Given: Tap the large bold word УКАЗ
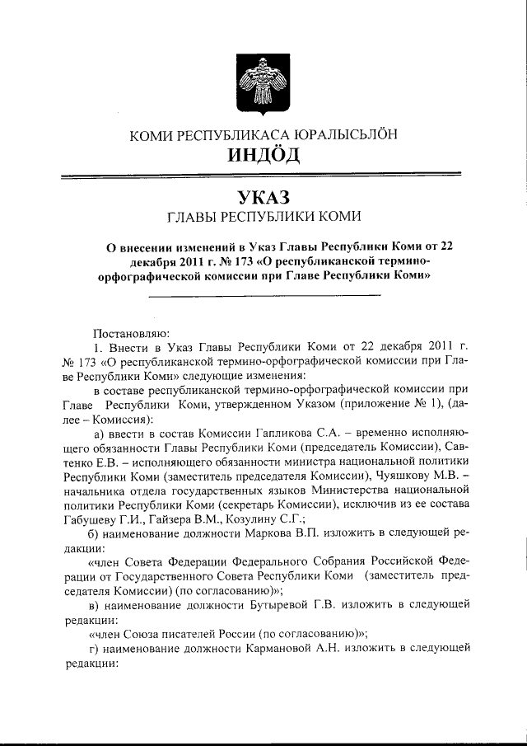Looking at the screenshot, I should coord(263,199).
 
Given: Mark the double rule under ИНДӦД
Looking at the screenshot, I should coord(263,174).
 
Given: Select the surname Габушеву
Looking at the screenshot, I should coord(96,518).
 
